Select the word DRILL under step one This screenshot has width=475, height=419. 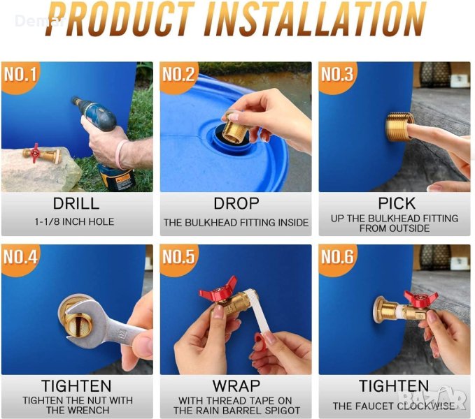76,203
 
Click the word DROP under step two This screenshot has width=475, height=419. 236,203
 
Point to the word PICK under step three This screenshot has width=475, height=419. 397,203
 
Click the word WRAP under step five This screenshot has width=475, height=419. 236,385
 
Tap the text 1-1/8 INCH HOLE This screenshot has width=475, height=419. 75,221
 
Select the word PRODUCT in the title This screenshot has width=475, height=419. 120,20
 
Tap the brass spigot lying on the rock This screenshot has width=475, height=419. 42,154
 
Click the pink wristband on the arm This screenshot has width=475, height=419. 120,154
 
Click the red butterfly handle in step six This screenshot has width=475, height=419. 418,298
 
